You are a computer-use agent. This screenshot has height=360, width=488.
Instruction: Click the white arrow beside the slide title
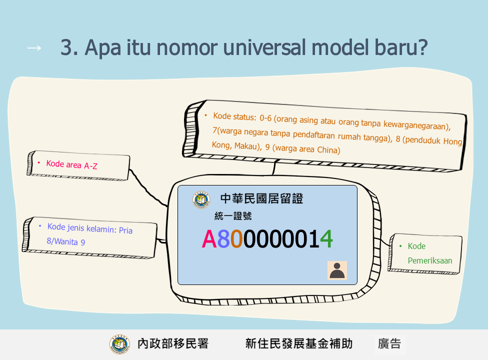(34, 48)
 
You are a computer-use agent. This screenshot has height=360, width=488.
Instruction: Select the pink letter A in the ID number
(209, 239)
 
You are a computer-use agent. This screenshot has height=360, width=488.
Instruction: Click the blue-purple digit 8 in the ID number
(223, 239)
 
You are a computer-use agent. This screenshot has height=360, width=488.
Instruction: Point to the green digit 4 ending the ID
(326, 239)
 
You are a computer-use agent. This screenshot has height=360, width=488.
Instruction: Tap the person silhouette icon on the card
(337, 270)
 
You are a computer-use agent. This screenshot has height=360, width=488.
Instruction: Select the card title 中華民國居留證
(262, 199)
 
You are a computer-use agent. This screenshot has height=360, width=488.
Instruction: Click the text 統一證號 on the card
(233, 216)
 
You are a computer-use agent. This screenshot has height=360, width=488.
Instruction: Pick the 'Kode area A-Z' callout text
(71, 164)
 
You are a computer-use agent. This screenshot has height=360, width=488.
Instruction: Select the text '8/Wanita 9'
(65, 241)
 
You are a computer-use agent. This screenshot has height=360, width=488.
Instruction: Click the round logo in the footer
(119, 344)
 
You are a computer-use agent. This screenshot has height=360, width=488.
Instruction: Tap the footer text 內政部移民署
(173, 344)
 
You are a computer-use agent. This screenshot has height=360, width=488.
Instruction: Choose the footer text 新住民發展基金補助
(299, 344)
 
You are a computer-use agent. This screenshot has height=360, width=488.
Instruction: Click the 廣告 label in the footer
(389, 344)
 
